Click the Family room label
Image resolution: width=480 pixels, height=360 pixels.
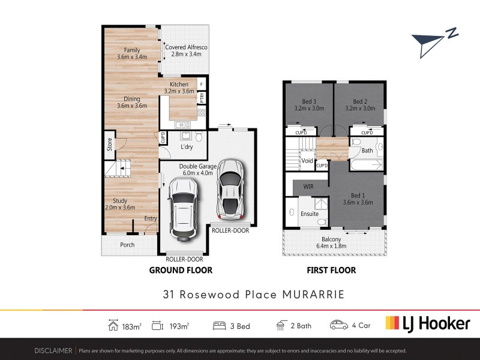(132, 53)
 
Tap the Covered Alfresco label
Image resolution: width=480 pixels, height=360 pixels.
(186, 50)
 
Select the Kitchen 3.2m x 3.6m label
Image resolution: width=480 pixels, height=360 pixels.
(179, 88)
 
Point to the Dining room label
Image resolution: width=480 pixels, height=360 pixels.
(132, 103)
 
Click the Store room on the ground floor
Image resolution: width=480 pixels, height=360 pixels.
(109, 145)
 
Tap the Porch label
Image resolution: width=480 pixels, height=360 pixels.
(127, 245)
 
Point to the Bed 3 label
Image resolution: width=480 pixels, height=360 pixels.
(309, 104)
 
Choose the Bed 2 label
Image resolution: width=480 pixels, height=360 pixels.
(360, 104)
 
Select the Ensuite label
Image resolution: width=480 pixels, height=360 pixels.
(310, 214)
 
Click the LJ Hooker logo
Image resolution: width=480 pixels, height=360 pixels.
(427, 324)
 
